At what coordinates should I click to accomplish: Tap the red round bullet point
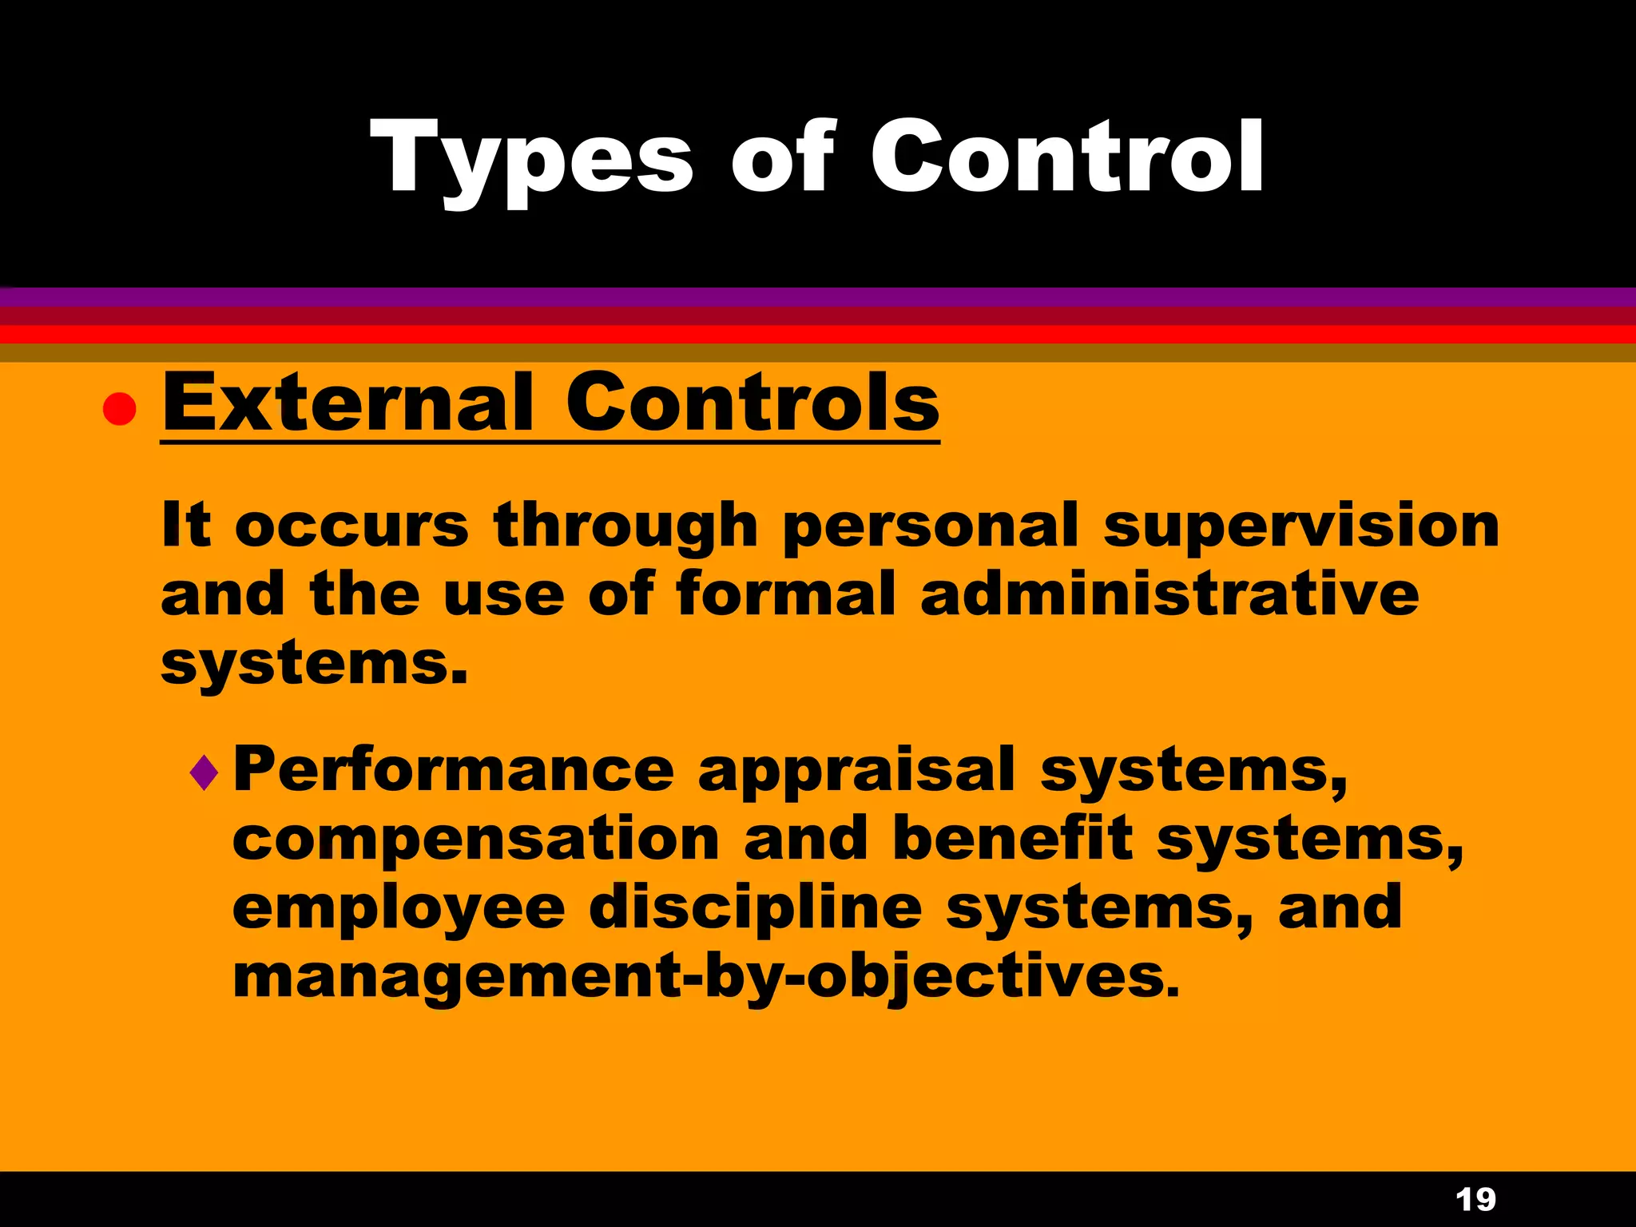(x=120, y=409)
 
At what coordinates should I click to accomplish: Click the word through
(x=625, y=527)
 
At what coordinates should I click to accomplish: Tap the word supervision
(x=1301, y=527)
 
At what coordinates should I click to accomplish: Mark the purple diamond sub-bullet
(x=204, y=772)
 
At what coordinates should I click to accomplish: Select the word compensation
(x=476, y=840)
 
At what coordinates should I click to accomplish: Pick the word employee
(x=399, y=909)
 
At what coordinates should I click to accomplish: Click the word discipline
(x=756, y=909)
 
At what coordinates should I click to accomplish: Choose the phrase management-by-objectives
(x=705, y=978)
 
